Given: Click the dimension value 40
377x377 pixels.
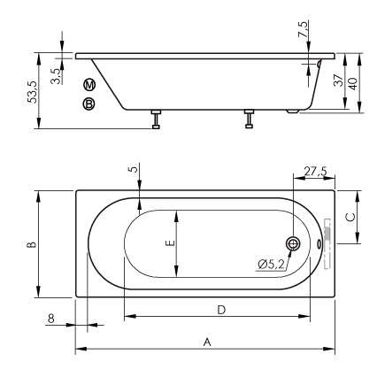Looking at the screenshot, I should pos(353,82).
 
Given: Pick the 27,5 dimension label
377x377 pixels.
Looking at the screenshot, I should pos(315,171).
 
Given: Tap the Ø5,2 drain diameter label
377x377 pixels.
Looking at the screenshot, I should pos(270,263).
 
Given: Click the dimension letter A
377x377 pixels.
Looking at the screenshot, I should pos(207,341).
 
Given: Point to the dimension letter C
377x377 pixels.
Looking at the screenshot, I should pos(350,215).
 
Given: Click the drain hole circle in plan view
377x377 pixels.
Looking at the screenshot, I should pos(294,243).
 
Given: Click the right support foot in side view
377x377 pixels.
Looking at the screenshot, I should pos(249,119).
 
